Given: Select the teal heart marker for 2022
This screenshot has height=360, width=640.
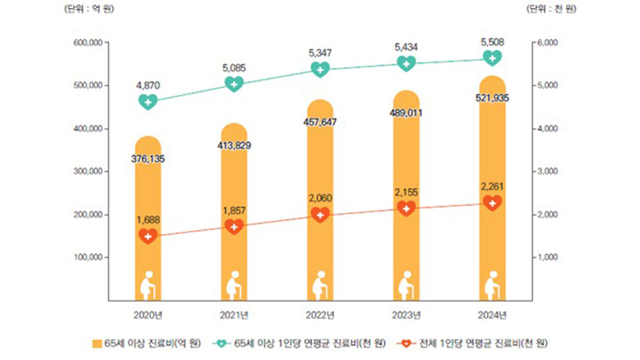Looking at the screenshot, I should point(320,69).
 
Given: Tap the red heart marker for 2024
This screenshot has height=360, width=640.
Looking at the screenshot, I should point(492,203).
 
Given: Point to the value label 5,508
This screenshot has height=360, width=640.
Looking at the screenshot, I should point(492,41).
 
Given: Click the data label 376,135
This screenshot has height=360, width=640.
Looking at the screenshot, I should point(148,159).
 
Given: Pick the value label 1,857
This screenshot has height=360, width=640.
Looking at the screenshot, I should point(234,211).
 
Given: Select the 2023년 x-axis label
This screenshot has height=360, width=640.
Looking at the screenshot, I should point(406,315).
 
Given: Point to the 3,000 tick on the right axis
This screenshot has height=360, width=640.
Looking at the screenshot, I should point(549,171).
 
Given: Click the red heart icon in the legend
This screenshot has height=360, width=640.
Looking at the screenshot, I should point(406,343).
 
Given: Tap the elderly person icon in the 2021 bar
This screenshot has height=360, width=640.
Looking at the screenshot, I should point(234,286).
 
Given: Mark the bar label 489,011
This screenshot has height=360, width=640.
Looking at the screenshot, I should point(406,113).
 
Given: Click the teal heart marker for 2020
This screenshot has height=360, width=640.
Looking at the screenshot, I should point(148,101).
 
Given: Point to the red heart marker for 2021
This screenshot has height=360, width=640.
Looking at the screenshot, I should point(234,226).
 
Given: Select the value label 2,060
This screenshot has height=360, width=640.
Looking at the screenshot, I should point(320,198).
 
